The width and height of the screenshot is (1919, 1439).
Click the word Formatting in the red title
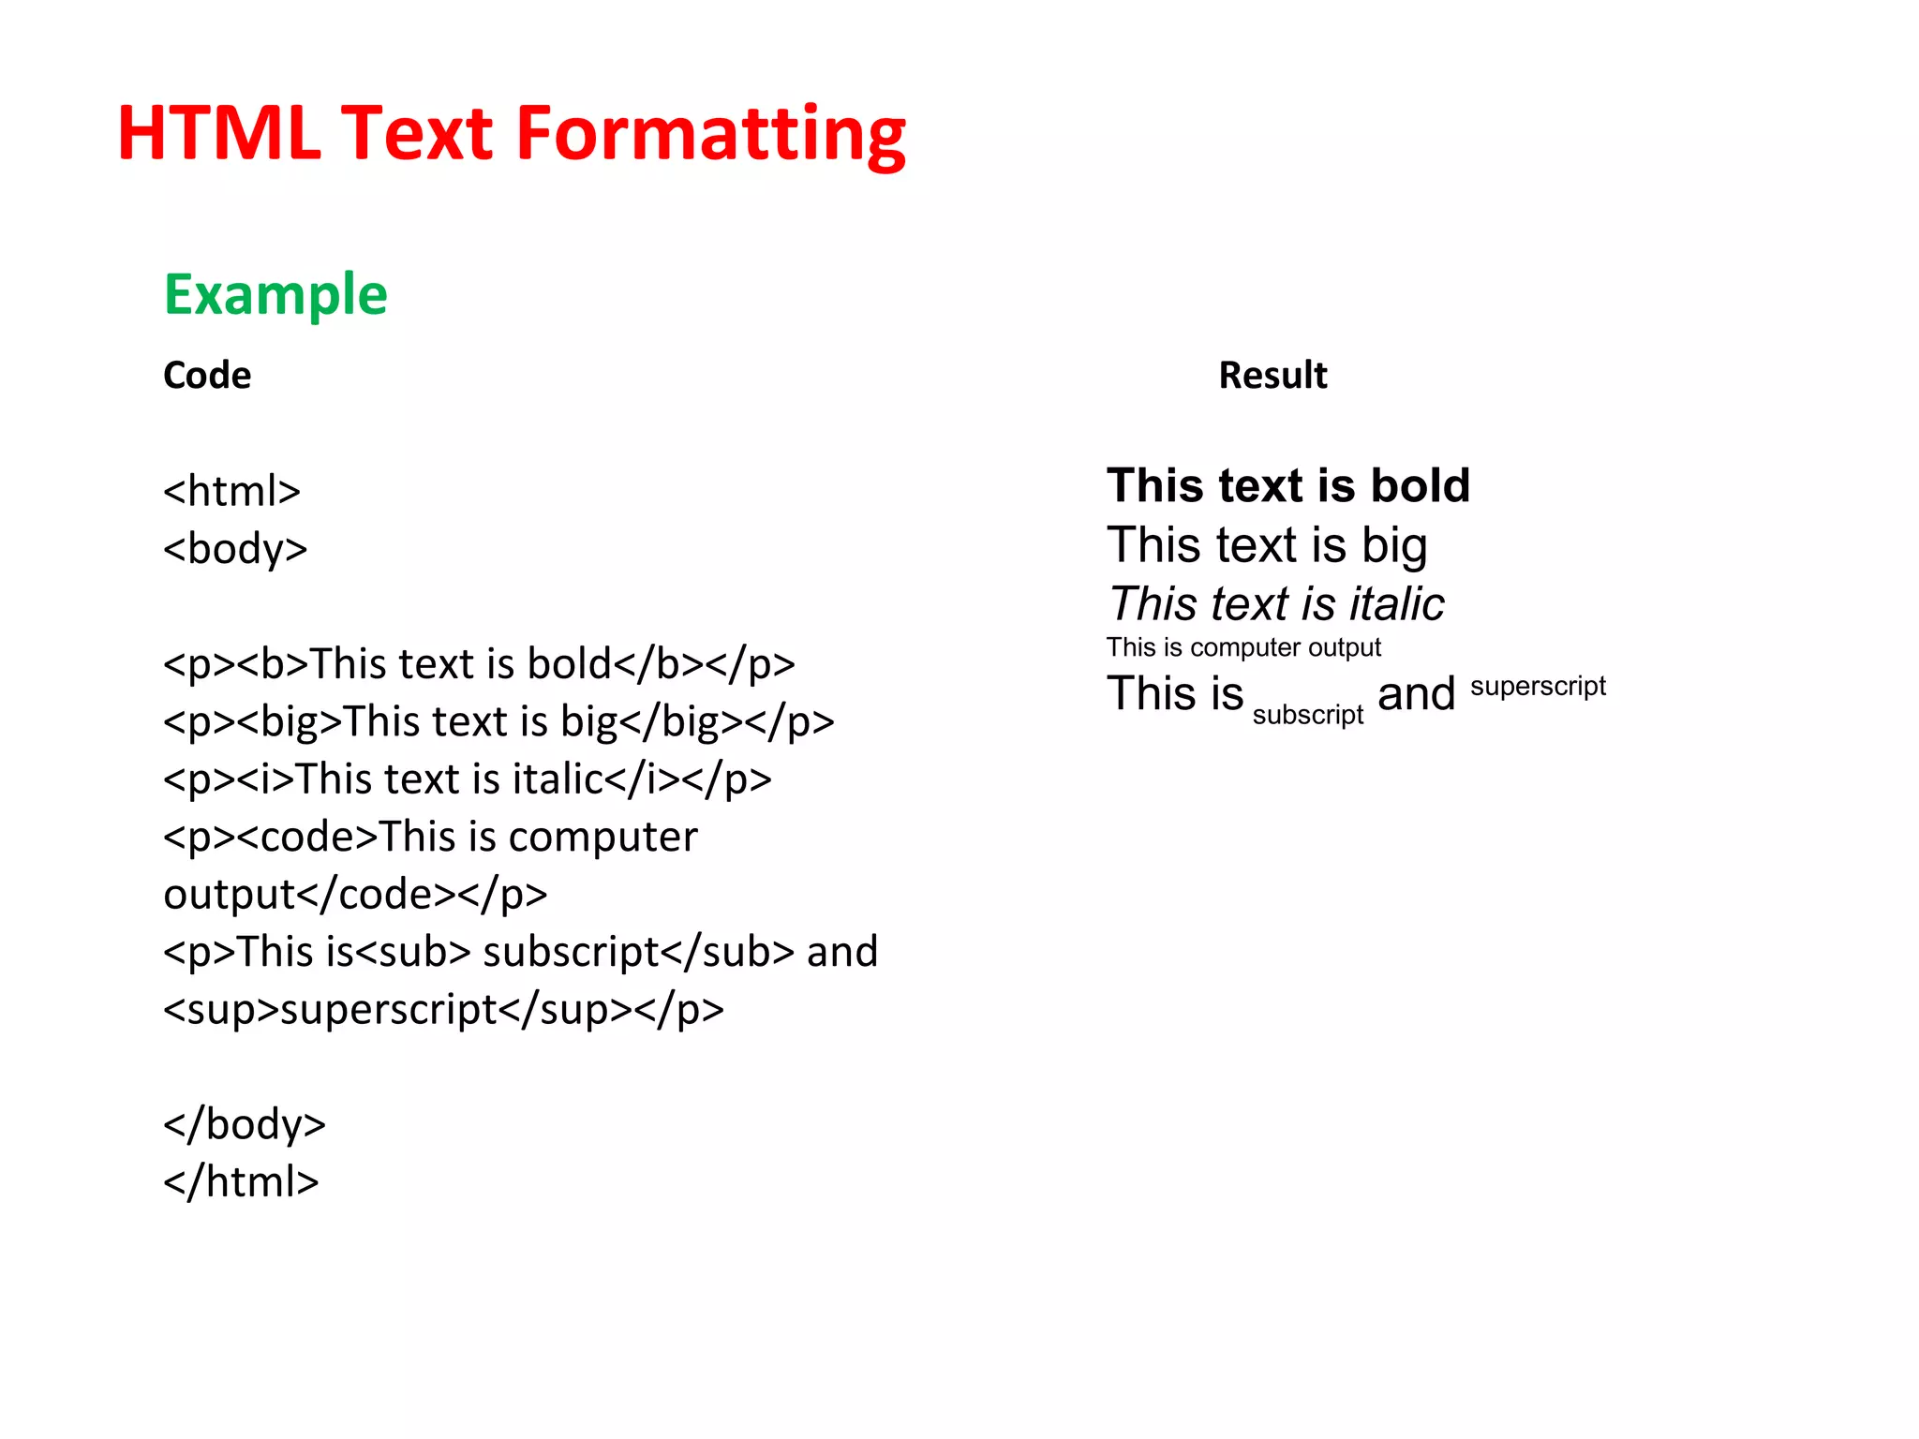point(710,134)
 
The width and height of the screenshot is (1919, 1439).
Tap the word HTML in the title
point(218,134)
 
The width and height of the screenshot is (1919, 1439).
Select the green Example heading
point(275,295)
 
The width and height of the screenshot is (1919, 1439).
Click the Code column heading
point(207,376)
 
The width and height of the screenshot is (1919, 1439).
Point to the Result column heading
point(1272,376)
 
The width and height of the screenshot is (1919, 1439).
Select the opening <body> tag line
point(235,549)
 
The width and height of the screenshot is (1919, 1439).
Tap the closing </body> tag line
point(244,1124)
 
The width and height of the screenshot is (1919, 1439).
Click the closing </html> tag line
point(241,1182)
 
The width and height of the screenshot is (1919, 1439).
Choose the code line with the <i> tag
point(467,779)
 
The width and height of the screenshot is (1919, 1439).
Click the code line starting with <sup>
point(443,1010)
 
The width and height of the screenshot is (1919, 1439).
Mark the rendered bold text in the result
point(1288,486)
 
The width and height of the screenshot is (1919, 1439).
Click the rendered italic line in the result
point(1275,604)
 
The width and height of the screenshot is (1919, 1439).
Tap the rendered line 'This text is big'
point(1267,545)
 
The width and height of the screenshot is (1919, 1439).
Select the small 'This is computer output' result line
point(1243,647)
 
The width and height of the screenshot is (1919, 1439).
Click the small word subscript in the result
point(1308,715)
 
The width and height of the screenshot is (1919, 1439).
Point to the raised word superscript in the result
point(1538,687)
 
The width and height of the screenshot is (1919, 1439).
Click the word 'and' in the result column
point(1416,695)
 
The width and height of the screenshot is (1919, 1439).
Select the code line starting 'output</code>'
point(355,895)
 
